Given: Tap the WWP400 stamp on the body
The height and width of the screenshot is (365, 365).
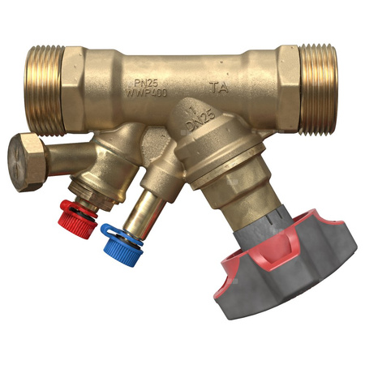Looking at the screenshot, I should tap(147, 92).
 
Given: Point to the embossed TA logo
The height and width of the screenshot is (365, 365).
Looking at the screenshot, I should tap(218, 86).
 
